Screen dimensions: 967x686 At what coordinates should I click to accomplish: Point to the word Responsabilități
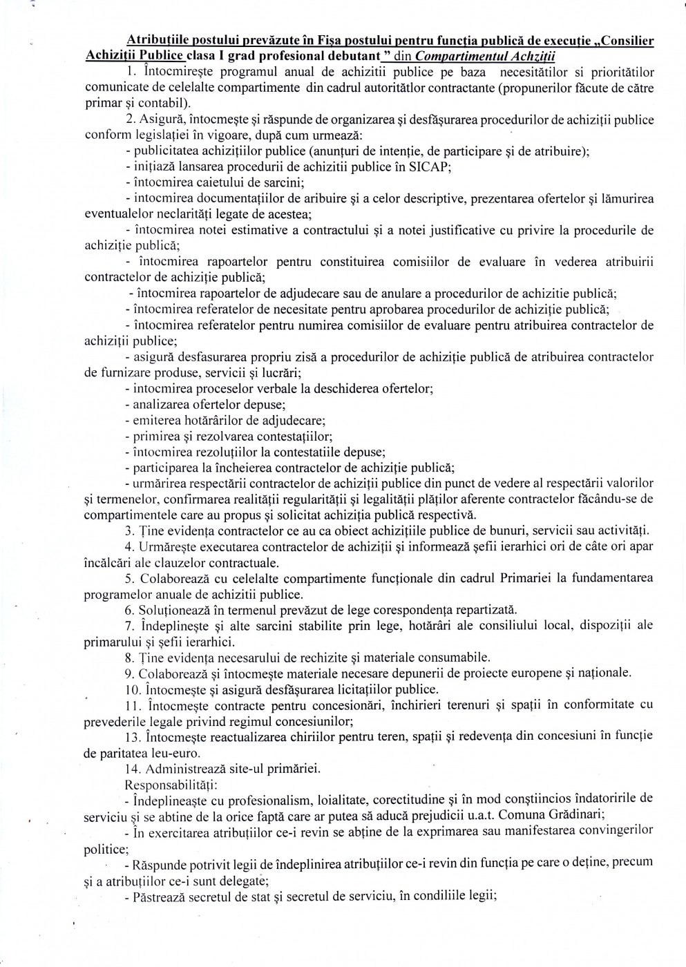coord(169,785)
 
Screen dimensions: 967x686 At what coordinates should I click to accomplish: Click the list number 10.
coord(131,689)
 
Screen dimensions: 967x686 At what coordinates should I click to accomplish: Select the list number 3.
coord(128,530)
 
